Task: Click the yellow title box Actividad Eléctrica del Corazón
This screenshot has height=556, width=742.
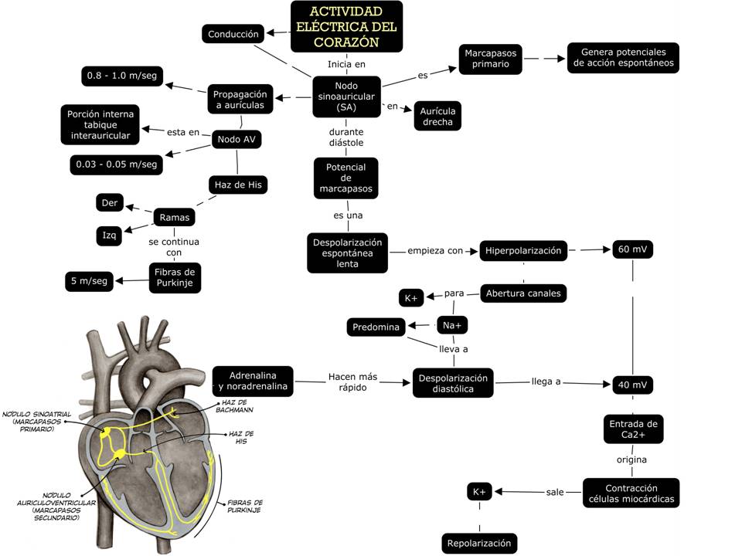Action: [346, 25]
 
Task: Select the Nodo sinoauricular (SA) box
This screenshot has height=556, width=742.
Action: [346, 97]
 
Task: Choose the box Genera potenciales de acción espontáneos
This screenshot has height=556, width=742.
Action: [623, 58]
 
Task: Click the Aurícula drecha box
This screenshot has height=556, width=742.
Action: [437, 117]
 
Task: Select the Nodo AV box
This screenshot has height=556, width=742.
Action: [237, 139]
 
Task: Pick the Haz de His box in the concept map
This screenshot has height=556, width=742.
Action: [237, 185]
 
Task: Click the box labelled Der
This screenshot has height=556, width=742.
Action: [109, 203]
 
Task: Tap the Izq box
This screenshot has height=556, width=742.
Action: [110, 236]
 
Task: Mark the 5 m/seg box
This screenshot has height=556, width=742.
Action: [89, 281]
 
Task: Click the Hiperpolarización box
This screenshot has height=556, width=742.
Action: [523, 250]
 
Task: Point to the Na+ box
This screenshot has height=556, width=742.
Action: [453, 326]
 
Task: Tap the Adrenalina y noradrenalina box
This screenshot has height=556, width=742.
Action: [253, 381]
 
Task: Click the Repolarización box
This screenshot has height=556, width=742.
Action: [479, 543]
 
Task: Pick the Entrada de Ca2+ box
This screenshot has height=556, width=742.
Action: [633, 430]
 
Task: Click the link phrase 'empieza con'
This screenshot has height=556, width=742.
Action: [435, 250]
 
